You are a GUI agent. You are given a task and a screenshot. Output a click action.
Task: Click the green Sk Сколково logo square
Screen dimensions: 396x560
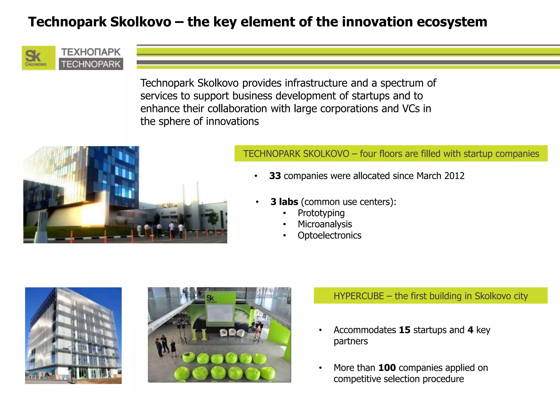click(x=38, y=58)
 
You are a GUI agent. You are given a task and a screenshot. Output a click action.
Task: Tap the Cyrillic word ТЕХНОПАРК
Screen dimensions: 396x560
click(x=91, y=52)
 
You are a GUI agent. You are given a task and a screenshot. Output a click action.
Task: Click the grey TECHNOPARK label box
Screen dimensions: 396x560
click(x=91, y=64)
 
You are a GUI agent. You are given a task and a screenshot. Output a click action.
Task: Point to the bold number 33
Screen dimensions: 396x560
click(x=275, y=176)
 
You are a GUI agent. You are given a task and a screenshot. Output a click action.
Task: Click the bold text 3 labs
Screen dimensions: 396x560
click(x=284, y=202)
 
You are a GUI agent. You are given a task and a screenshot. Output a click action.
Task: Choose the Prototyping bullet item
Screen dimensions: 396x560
click(x=321, y=213)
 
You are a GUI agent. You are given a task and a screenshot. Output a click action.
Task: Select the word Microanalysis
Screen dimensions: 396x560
click(x=325, y=224)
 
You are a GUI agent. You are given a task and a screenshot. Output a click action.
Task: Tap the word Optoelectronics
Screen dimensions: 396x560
click(x=329, y=235)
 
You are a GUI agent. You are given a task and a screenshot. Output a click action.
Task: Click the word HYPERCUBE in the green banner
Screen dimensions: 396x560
click(x=358, y=296)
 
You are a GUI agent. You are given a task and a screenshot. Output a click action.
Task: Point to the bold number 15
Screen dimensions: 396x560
click(x=404, y=330)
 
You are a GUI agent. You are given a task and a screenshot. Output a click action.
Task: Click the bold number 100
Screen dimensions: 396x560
click(x=387, y=368)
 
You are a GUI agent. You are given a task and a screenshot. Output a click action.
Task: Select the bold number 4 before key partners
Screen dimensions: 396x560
click(x=470, y=330)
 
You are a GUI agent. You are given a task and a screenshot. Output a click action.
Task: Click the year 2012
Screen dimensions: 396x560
click(x=454, y=176)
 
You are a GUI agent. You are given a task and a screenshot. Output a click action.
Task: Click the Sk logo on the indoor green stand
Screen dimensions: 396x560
click(x=211, y=298)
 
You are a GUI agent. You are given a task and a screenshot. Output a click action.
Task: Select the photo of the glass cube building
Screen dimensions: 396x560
click(x=73, y=336)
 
